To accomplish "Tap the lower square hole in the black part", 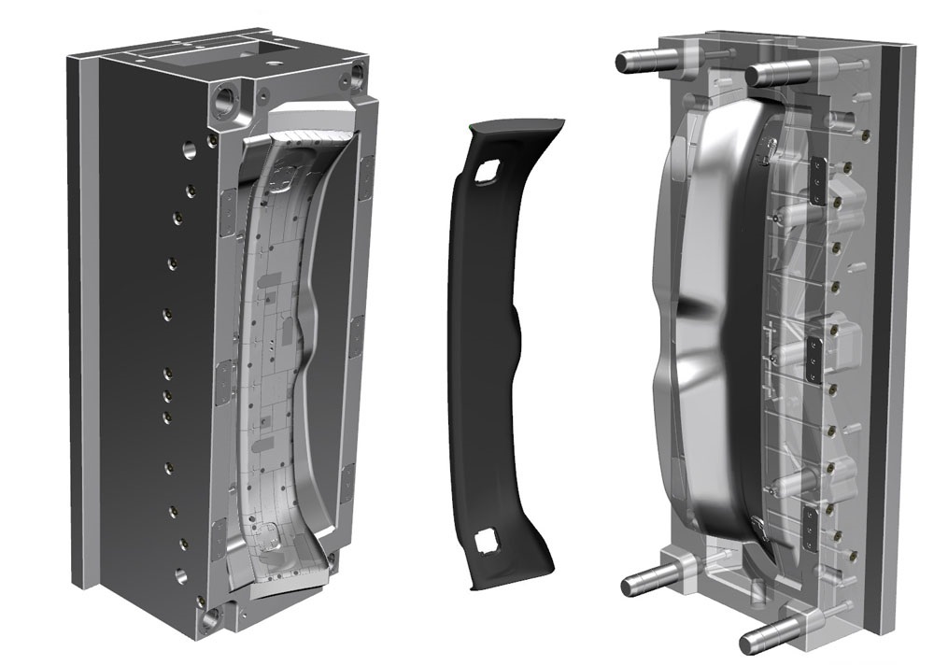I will tap(487, 541).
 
